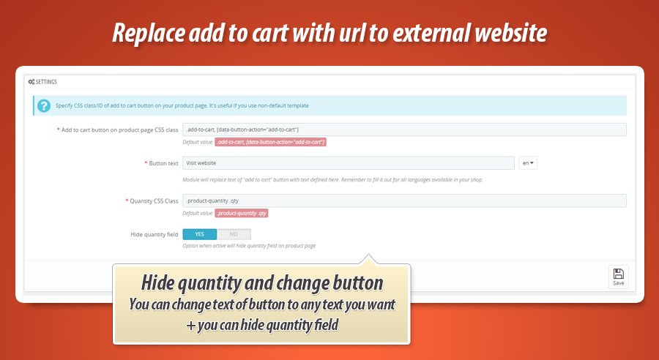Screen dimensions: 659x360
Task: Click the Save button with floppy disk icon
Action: click(618, 277)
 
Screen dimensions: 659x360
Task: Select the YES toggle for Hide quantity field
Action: click(200, 234)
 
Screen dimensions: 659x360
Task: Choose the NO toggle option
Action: click(234, 234)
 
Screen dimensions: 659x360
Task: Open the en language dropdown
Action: click(528, 163)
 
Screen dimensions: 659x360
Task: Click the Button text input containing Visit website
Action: click(349, 163)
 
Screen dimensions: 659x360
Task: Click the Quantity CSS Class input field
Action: click(404, 200)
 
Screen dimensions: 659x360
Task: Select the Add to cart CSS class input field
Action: click(404, 130)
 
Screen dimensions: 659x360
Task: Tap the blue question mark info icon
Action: click(44, 106)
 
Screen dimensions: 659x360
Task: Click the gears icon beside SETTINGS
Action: click(31, 82)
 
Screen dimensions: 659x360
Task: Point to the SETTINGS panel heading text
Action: click(46, 82)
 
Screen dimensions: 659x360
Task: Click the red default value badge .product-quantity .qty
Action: click(242, 214)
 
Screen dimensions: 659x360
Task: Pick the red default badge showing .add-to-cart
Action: click(271, 142)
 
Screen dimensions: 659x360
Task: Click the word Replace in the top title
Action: click(149, 33)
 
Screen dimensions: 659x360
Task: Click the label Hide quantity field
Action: click(154, 234)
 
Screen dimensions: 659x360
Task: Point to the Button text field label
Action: click(163, 163)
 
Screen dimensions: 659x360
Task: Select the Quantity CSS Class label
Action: click(154, 201)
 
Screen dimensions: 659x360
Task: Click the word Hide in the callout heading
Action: click(157, 282)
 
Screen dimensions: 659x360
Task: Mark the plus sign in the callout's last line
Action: click(191, 326)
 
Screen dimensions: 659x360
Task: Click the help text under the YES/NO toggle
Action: click(249, 246)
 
